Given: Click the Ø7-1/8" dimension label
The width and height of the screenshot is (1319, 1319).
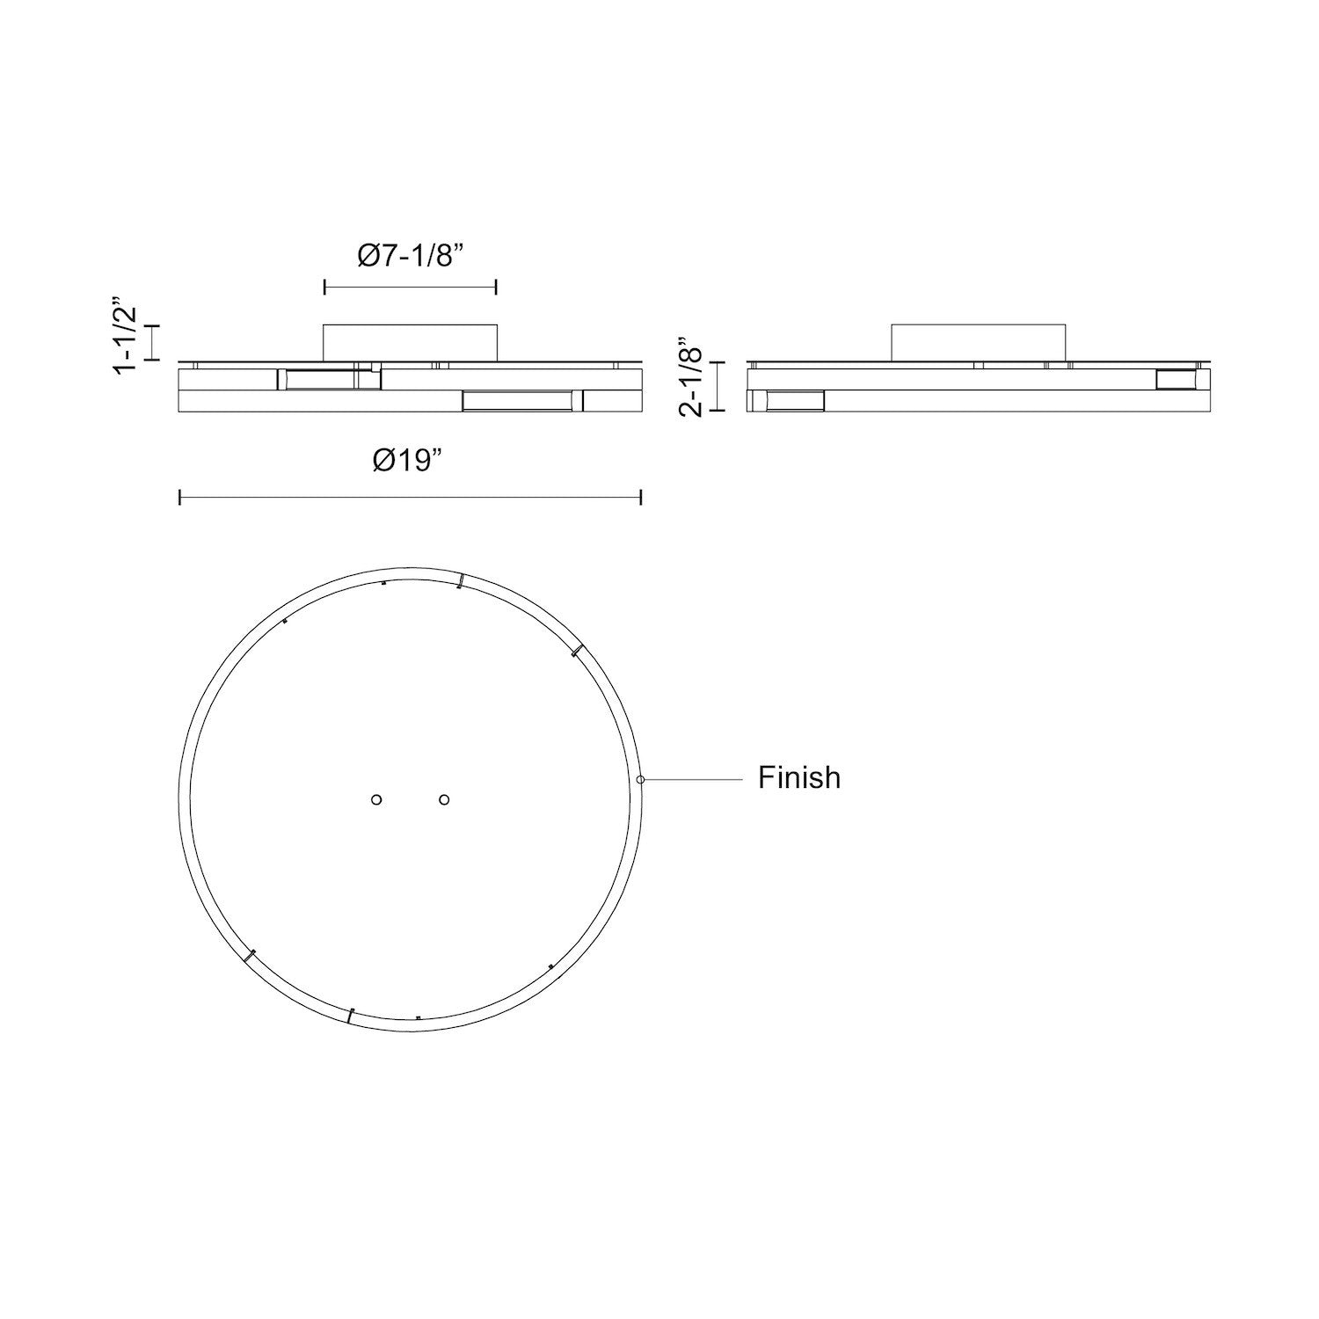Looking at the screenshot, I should pos(410,257).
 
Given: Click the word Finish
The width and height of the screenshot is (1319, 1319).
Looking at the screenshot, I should pos(799,777).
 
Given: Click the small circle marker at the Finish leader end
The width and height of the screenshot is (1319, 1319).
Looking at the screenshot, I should pos(641,779).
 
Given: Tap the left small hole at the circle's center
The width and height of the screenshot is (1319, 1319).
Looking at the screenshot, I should pos(376,799).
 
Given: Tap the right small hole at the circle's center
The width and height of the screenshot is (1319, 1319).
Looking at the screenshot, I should pos(444,799).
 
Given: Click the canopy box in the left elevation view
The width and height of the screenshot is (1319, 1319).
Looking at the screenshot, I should pos(411,343).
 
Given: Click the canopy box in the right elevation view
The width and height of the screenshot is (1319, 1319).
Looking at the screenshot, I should pos(978,343).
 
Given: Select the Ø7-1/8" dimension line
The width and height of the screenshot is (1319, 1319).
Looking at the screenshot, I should pos(411,287).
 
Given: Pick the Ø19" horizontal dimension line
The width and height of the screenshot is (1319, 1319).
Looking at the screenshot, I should pos(410,498).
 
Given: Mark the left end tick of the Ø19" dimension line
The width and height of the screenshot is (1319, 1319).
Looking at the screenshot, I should pos(179,498).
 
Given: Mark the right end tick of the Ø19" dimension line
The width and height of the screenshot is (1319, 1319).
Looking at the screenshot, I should pos(641,498).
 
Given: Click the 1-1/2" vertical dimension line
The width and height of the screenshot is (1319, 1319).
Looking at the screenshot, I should pos(158,342).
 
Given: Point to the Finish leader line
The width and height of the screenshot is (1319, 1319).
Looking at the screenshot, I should pos(695,779).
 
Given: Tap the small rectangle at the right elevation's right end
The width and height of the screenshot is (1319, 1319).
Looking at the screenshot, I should pos(1177,379).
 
